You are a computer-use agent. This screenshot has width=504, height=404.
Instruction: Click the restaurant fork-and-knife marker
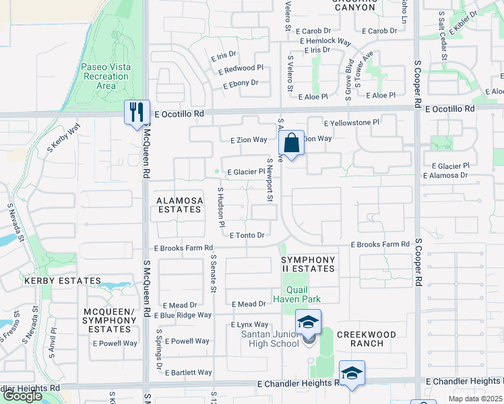[136, 112]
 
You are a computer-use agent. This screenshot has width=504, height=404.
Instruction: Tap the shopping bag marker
[291, 143]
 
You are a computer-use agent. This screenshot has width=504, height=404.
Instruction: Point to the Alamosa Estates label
[179, 205]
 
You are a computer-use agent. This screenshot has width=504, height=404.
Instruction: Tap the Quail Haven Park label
[296, 294]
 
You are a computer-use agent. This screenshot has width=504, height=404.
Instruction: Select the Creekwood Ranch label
[360, 339]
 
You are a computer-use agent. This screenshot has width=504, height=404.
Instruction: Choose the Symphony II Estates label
[308, 264]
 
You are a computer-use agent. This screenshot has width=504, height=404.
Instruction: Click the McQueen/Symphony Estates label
[109, 320]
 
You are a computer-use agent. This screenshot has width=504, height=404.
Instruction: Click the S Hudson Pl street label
[220, 207]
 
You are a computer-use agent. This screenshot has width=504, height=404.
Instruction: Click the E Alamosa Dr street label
[445, 175]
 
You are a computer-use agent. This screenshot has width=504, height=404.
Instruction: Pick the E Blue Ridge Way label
[183, 315]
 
